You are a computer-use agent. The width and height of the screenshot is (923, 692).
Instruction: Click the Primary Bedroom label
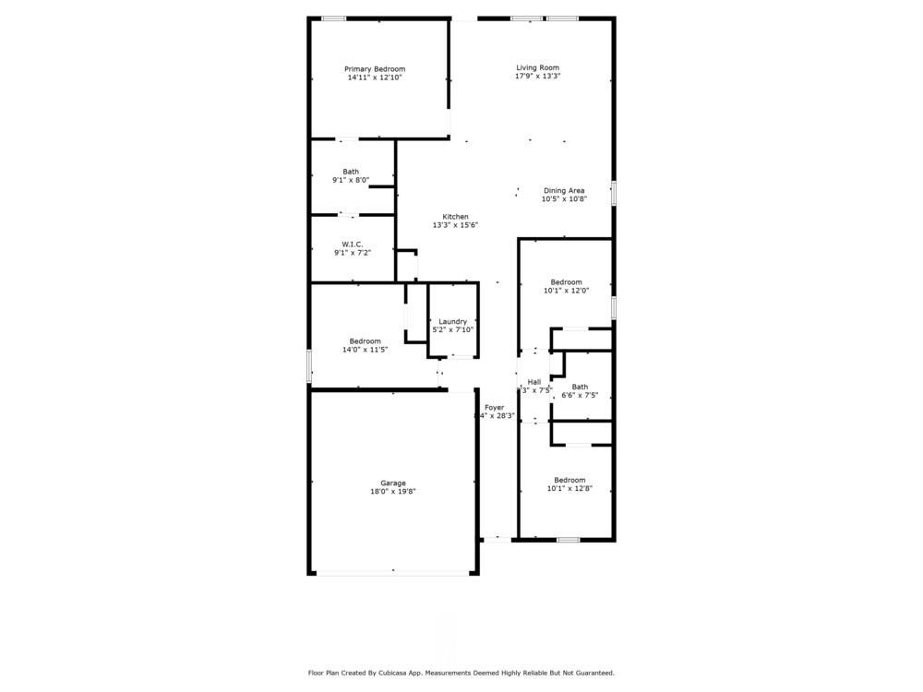coord(375,69)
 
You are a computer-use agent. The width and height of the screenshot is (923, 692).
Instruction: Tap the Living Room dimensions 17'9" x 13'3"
coord(537,76)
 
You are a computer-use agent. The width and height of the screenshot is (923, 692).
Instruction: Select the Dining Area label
coord(563,191)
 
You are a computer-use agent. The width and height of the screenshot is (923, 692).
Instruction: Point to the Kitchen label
coord(455,217)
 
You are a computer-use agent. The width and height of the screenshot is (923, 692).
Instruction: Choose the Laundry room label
coord(452,321)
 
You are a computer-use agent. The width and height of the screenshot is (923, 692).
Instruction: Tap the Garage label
coord(393,483)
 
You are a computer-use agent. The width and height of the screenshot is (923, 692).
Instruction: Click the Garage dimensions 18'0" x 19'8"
coord(393,492)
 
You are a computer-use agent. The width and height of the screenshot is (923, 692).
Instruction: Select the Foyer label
coord(495,407)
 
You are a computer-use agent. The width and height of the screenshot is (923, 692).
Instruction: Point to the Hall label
coord(533,382)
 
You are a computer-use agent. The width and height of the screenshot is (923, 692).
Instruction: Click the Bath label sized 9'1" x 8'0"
coord(351,172)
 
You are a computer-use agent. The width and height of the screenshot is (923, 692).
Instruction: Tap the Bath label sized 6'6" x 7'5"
coord(580,387)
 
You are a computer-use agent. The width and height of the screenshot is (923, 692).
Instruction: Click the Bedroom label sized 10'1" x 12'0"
coord(566,282)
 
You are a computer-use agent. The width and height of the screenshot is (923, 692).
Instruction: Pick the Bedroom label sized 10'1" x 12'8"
coord(569,480)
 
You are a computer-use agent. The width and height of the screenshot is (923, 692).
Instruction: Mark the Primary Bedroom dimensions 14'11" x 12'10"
coord(375,78)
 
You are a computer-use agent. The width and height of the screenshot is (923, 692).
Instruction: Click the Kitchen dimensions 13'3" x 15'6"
coord(455,225)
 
